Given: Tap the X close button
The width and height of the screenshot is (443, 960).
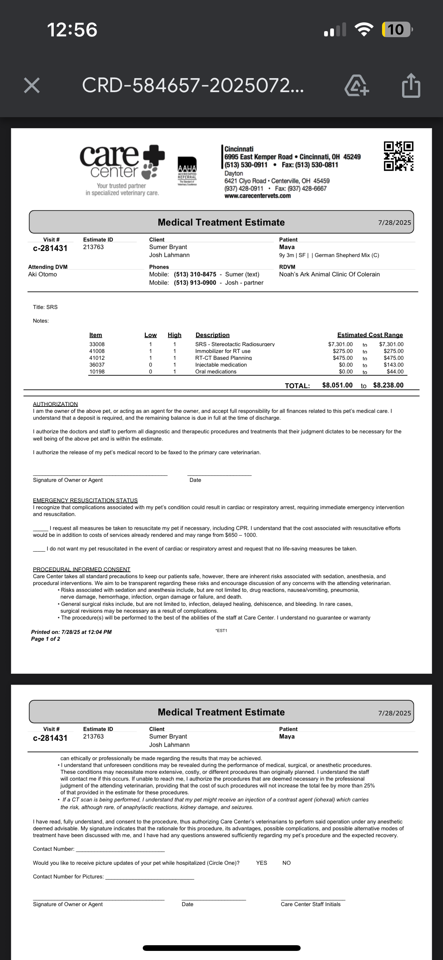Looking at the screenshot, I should pos(32,85).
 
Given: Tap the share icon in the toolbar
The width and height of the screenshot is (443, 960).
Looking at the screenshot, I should pos(411,86).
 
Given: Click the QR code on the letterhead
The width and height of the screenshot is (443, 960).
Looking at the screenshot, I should pos(398,156).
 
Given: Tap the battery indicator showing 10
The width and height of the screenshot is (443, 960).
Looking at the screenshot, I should pos(396,30).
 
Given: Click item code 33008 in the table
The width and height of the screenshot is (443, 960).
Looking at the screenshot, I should pos(97,344).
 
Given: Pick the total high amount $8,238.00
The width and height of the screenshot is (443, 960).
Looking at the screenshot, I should pos(388,385).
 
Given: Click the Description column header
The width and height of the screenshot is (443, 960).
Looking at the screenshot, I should pos(212,335).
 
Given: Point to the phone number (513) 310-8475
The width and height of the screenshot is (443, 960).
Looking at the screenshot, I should pos(195,275).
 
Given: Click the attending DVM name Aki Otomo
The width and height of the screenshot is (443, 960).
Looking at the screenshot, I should pos(42,275).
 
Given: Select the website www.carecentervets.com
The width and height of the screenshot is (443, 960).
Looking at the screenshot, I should pos(257,196).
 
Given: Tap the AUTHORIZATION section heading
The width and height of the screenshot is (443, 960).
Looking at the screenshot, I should pos(55,404).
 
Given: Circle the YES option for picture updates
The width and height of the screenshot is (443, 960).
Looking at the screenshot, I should pos(262,863).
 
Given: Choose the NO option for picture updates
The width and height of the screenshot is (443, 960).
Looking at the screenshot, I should pos(287,863).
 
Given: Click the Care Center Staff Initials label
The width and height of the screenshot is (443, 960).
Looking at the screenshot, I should pos(310,904).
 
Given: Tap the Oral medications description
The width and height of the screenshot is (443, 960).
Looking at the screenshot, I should pos(216,372).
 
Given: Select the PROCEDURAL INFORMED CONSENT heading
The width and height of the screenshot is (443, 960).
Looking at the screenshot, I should pos(81,569).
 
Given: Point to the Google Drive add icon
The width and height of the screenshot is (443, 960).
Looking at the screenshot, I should pos(356,86).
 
